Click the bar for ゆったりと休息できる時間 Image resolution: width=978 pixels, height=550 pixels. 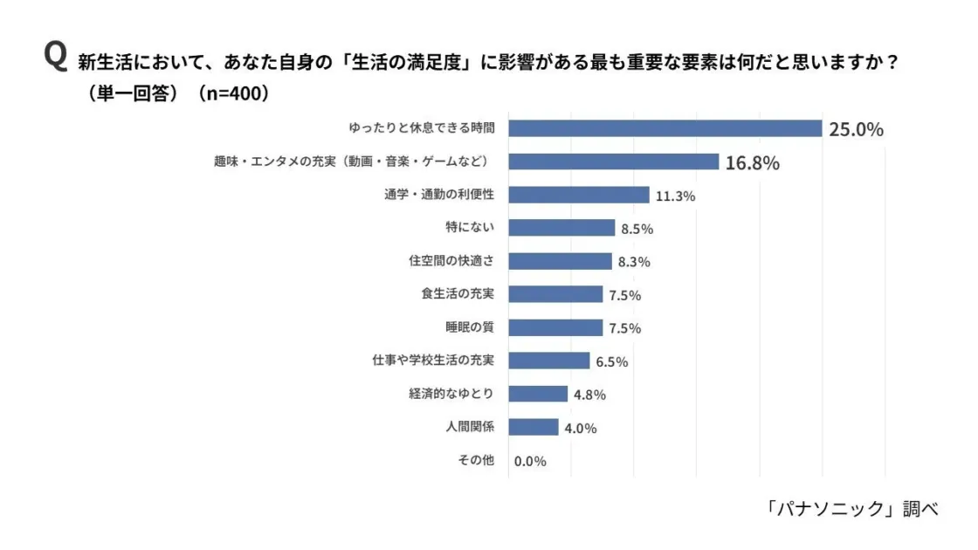pyautogui.click(x=665, y=128)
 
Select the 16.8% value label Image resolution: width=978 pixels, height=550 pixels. pyautogui.click(x=752, y=162)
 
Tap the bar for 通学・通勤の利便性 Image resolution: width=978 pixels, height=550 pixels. pyautogui.click(x=579, y=195)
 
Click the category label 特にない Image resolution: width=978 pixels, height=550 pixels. pyautogui.click(x=470, y=228)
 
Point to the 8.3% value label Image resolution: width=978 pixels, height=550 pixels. pyautogui.click(x=634, y=262)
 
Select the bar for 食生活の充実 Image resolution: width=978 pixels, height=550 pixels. pyautogui.click(x=555, y=294)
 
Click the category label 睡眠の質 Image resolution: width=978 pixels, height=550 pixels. pyautogui.click(x=470, y=327)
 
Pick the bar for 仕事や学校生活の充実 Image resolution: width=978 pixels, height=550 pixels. pyautogui.click(x=549, y=361)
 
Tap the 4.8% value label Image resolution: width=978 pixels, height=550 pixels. pyautogui.click(x=589, y=395)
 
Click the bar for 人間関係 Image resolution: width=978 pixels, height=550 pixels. pyautogui.click(x=534, y=427)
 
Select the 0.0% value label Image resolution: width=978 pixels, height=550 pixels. pyautogui.click(x=530, y=461)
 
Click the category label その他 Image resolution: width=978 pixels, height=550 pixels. pyautogui.click(x=476, y=460)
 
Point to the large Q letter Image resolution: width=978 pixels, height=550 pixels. pyautogui.click(x=55, y=58)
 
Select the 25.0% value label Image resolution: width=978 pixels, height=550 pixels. pyautogui.click(x=856, y=129)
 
